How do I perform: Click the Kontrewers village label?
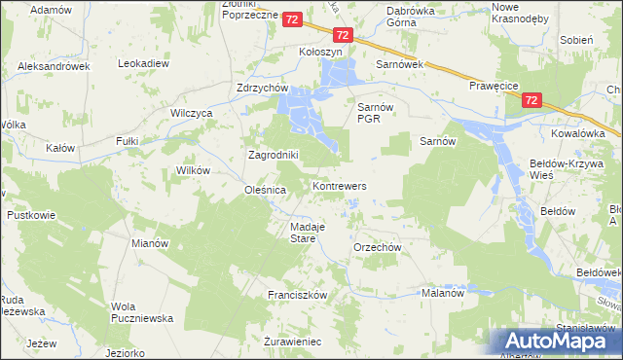coord(339,185)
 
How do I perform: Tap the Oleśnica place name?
coord(265,191)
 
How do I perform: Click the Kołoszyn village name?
coord(324,53)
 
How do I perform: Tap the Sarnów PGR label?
coord(374,113)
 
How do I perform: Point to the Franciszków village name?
coord(296,294)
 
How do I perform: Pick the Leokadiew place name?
coord(144,63)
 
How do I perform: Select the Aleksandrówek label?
coord(54,66)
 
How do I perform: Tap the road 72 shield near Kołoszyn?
coord(293,18)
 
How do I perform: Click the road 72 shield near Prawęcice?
coord(531,100)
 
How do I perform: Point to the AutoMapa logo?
coord(560,341)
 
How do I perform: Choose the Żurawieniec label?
coord(293,342)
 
